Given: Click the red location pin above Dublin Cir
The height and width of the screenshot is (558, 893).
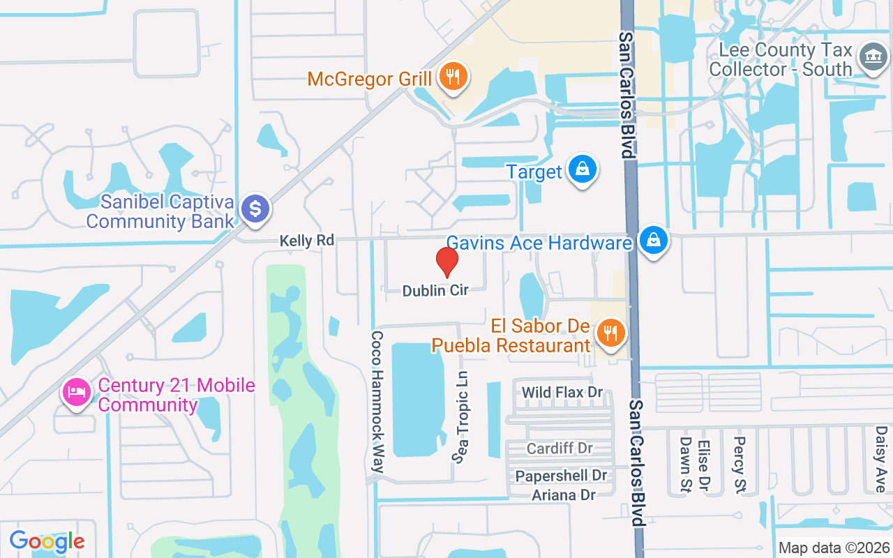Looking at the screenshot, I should pos(446,262).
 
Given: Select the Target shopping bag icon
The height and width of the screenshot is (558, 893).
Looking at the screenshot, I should pos(581,169).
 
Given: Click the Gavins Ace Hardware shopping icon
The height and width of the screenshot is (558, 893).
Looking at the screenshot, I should pos(653,241).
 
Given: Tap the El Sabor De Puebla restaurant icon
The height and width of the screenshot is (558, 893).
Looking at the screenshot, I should pos(611,333).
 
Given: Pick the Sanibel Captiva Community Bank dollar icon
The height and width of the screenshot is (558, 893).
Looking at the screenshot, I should pos(256,209).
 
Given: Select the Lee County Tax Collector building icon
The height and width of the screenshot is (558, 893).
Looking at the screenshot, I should pos(872,57).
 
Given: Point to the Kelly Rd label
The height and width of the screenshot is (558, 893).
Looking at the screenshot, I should pos(307,241).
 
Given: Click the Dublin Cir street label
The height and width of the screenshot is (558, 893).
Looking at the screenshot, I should pos(435,290).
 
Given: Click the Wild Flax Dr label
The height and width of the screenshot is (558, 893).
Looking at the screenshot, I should pos(562,392).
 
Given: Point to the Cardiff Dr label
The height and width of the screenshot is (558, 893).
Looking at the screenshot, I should pos(560,448).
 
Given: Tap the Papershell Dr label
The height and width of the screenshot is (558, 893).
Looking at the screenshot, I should pos(562,476).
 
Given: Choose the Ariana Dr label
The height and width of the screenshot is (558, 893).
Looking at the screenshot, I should pos(564,495).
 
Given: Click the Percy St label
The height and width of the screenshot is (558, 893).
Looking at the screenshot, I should pos(740,455).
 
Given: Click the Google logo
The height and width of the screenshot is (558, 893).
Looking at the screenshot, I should pos(47,541).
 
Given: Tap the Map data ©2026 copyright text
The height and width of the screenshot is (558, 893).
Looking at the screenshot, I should pos(834,548).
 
